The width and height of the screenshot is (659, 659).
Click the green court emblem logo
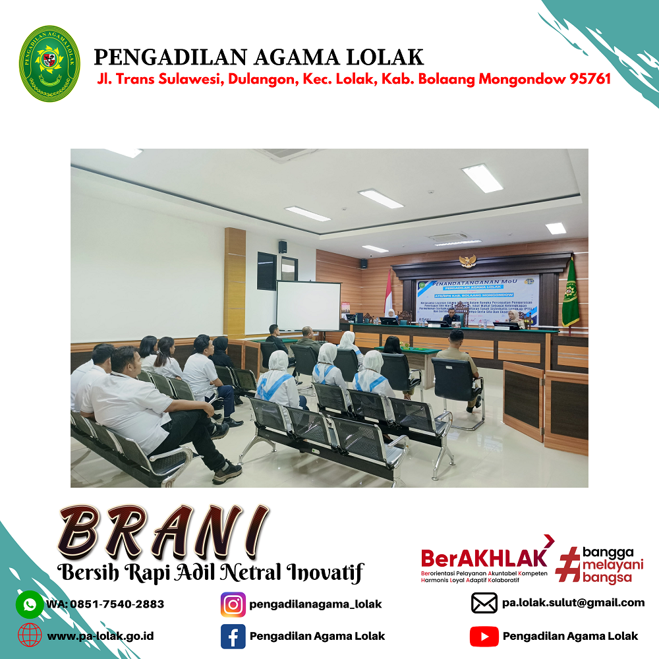(x=49, y=63)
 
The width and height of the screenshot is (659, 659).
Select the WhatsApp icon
(x=30, y=604)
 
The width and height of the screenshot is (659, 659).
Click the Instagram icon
(x=233, y=604)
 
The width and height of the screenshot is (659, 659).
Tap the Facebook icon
(x=233, y=636)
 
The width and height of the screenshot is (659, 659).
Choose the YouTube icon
(x=484, y=636)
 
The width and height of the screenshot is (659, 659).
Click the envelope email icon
(x=484, y=603)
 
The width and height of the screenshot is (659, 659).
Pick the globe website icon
(x=30, y=636)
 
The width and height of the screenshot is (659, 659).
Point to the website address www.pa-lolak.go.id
(x=100, y=637)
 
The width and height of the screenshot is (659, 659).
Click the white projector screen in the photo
(x=308, y=306)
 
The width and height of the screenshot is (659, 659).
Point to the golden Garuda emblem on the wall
(x=467, y=261)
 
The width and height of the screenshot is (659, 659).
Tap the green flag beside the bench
(x=570, y=295)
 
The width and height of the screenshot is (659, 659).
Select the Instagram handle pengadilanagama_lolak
(x=316, y=604)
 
